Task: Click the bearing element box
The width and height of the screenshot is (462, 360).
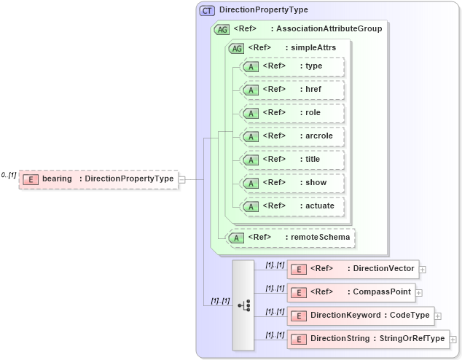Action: [98, 179]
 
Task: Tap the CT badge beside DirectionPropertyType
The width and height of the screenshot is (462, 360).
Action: [208, 10]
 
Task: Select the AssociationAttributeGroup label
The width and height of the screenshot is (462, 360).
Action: [326, 29]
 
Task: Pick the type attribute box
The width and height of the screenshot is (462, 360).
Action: [291, 66]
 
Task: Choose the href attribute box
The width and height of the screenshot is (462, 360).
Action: [291, 90]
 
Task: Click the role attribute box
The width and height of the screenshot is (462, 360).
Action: [291, 113]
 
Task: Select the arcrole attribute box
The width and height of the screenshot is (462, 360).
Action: [291, 136]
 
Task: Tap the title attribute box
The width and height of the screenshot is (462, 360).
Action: [291, 160]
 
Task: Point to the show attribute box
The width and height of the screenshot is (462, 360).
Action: [291, 183]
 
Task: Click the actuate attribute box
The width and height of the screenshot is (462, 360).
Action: [291, 206]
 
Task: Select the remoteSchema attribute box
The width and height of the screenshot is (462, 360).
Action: [291, 237]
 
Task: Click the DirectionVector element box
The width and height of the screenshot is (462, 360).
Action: [353, 269]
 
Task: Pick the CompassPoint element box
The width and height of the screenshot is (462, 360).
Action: [352, 292]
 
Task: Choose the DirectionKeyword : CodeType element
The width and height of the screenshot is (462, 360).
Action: [361, 316]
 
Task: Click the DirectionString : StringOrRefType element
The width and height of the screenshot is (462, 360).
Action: [367, 339]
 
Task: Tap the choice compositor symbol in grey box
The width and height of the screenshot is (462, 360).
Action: [243, 305]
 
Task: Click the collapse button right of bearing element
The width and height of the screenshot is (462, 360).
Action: [182, 179]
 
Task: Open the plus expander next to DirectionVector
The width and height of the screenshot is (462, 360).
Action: [423, 270]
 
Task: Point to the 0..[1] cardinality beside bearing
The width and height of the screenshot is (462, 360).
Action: [9, 175]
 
